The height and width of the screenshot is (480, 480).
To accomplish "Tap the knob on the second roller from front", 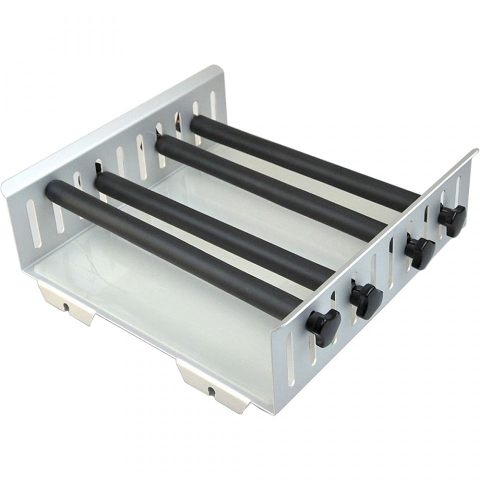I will pyautogui.click(x=366, y=300).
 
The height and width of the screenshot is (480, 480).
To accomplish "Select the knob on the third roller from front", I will pyautogui.click(x=420, y=252).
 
